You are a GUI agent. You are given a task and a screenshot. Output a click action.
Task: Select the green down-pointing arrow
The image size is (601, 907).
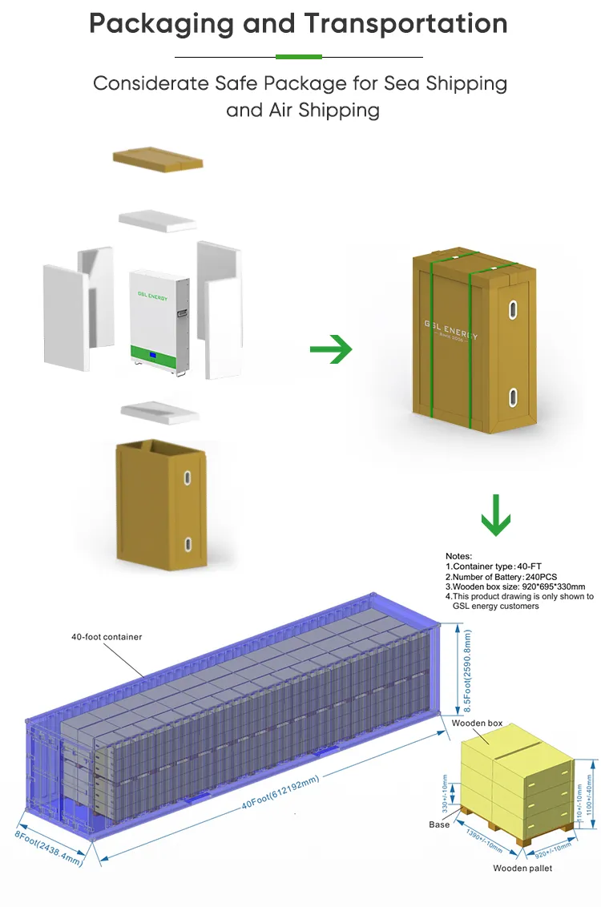tap(496, 515)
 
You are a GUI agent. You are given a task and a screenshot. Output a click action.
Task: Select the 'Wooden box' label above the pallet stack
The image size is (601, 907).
tap(477, 724)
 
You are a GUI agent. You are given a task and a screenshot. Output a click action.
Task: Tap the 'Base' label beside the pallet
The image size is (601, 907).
tap(438, 825)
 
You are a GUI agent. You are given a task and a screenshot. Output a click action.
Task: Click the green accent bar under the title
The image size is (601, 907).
tap(299, 57)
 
